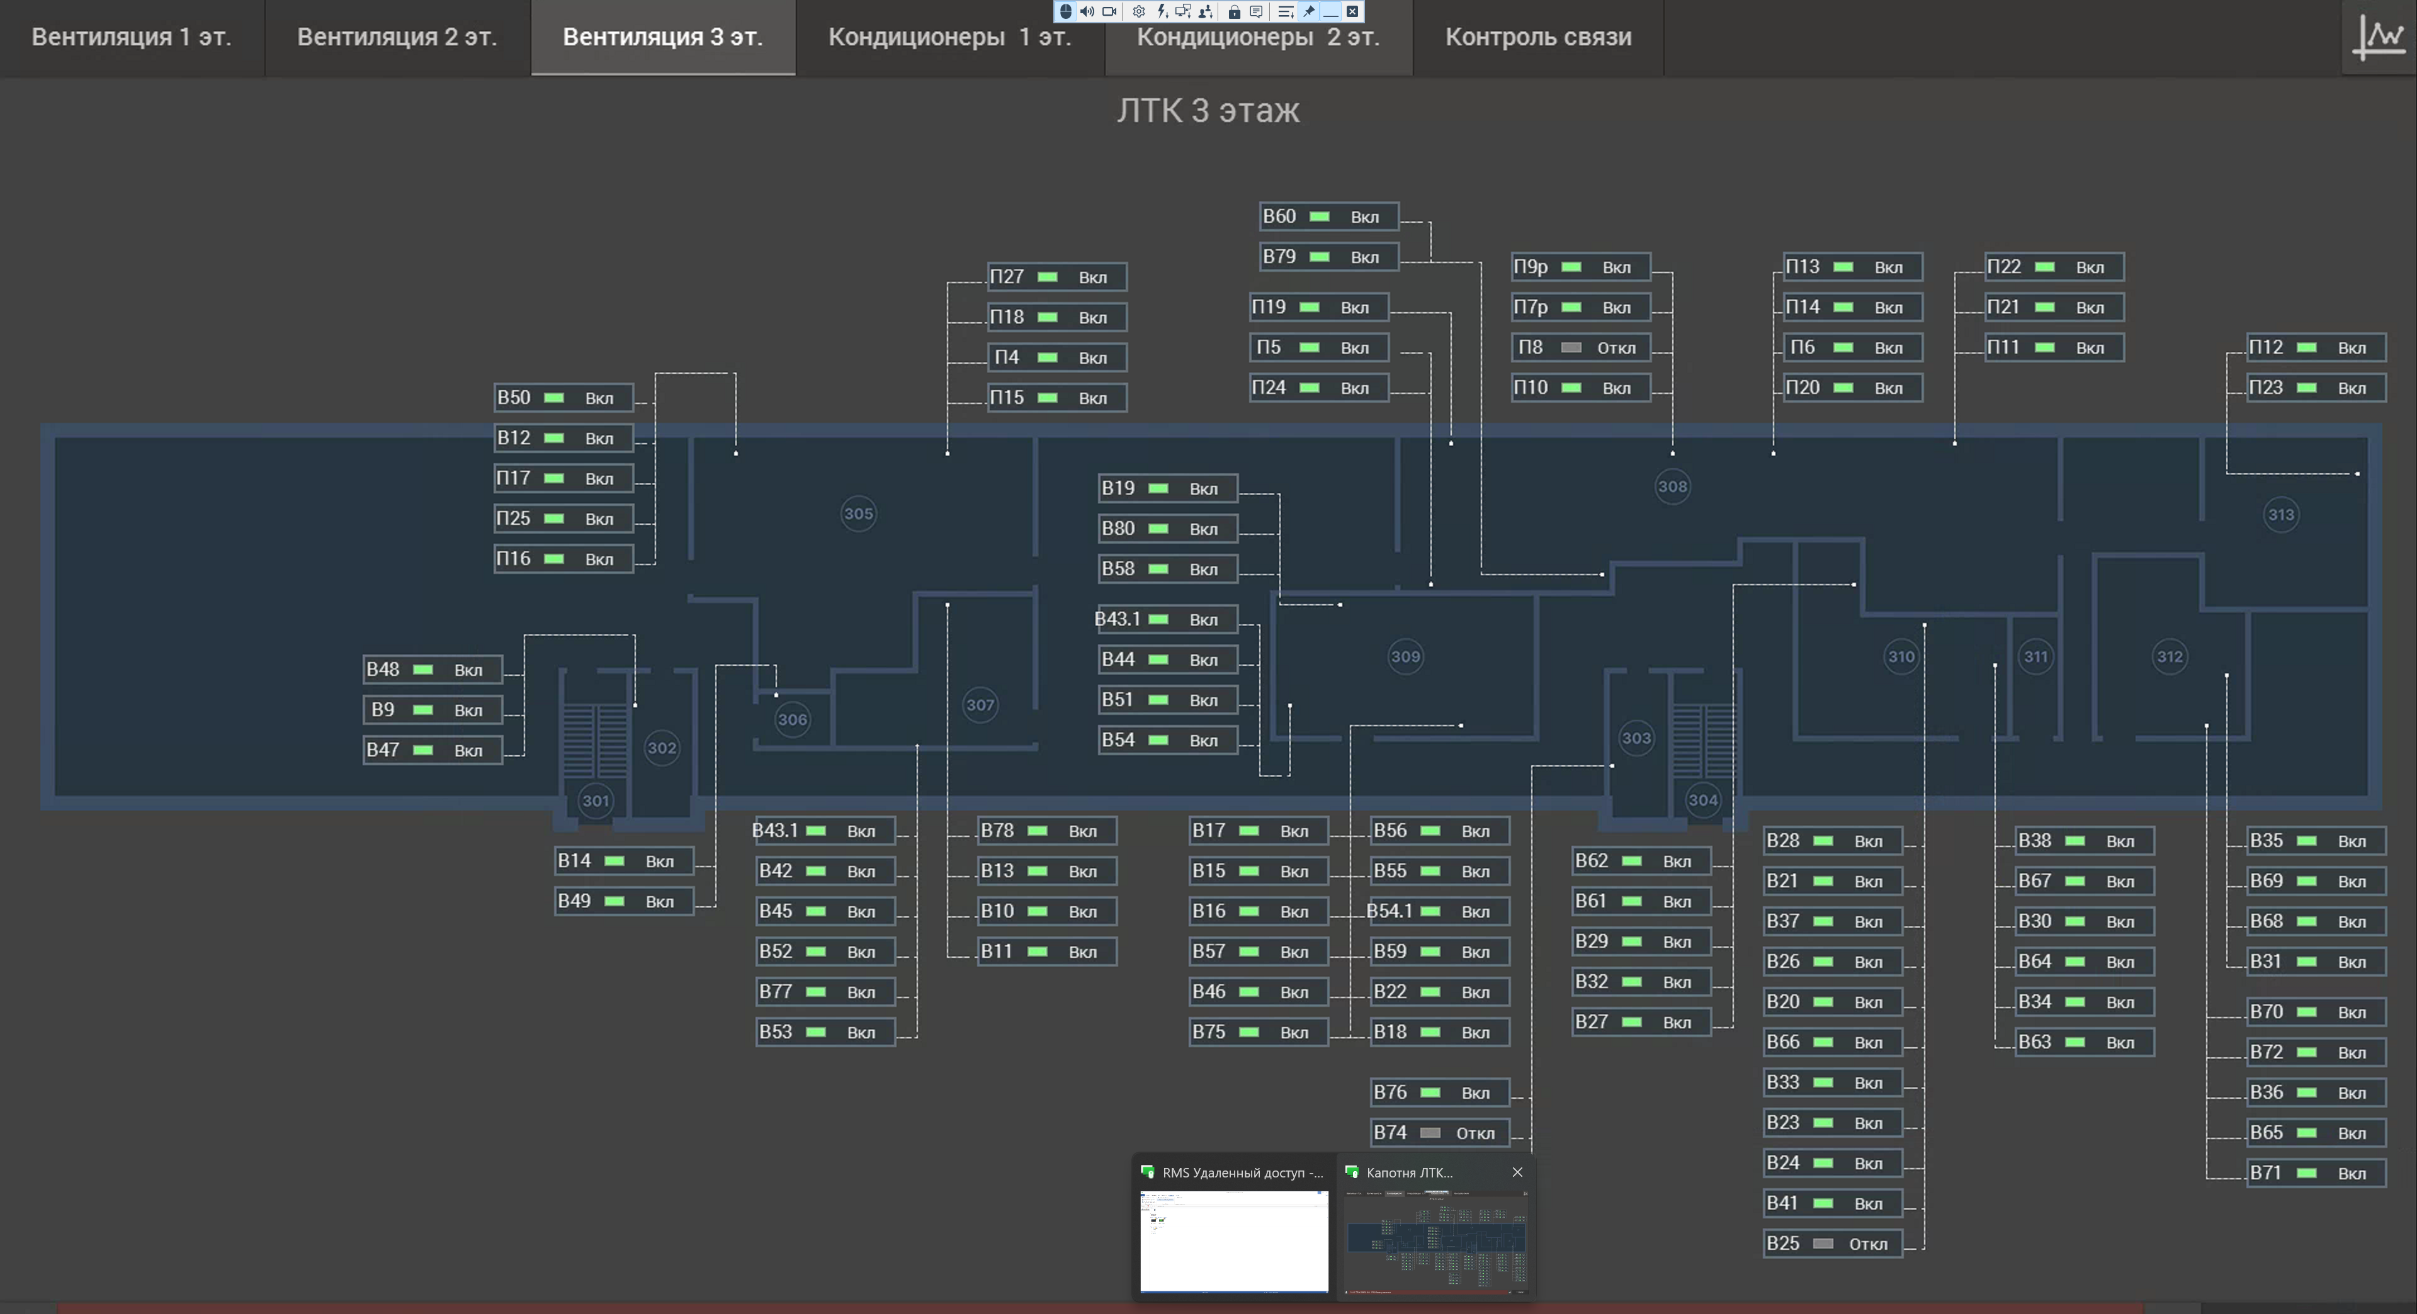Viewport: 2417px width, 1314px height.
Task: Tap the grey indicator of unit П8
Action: tap(1571, 347)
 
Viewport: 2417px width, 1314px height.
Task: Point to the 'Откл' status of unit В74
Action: tap(1475, 1133)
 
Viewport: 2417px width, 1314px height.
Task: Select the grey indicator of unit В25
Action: tap(1823, 1244)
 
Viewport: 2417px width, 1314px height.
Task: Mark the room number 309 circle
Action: tap(1405, 656)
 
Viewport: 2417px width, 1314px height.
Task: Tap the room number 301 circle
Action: tap(596, 801)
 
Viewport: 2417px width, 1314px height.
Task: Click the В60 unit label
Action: tap(1279, 216)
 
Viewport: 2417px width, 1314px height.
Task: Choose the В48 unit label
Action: tap(383, 670)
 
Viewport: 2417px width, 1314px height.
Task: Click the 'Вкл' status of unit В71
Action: tap(2352, 1173)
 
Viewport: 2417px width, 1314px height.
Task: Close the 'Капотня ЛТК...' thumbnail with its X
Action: tap(1517, 1172)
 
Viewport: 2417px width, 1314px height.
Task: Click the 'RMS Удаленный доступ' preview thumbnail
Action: tap(1234, 1242)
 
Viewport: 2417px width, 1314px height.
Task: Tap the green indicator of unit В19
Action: tap(1159, 488)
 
